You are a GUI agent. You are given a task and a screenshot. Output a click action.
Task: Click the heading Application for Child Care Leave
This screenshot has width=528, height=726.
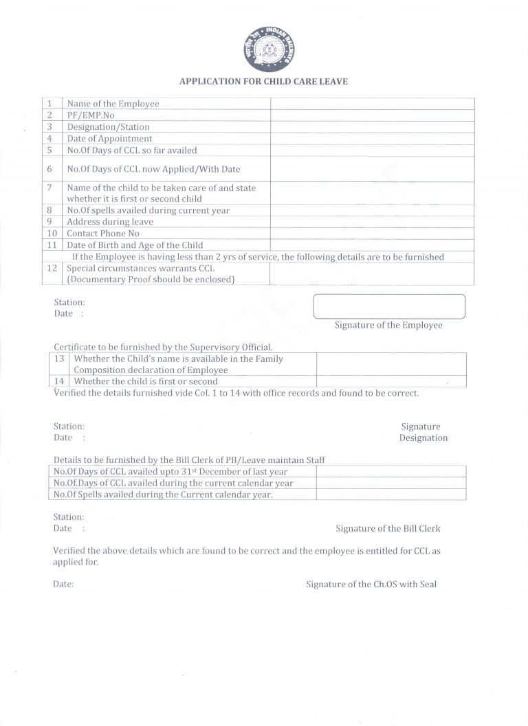pos(263,81)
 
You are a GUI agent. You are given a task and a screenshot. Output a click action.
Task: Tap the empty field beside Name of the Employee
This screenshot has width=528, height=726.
pos(371,104)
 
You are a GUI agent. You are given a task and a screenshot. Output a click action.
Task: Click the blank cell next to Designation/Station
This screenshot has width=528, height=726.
pos(371,127)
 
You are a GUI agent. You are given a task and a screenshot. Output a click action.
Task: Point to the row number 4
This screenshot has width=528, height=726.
pos(50,139)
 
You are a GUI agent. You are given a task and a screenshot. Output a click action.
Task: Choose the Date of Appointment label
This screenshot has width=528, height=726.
pos(109,139)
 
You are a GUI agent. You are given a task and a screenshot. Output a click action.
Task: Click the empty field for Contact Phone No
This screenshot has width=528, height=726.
pos(371,234)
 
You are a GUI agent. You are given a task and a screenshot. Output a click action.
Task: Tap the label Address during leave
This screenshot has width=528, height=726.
pos(110,222)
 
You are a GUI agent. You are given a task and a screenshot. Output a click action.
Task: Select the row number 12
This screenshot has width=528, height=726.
pos(51,268)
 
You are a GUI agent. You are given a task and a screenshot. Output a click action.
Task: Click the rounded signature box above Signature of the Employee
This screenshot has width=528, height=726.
pos(389,306)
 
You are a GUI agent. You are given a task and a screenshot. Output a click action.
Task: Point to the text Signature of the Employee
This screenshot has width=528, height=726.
pos(388,325)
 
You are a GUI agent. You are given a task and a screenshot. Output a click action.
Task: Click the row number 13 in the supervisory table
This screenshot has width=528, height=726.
pos(59,359)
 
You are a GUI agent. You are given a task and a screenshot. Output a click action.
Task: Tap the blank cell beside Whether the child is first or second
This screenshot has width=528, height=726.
pos(390,381)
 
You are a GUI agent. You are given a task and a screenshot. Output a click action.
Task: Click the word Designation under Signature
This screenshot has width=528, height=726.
pos(423,438)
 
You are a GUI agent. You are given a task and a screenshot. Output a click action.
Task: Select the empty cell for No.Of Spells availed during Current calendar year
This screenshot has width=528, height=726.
pos(390,495)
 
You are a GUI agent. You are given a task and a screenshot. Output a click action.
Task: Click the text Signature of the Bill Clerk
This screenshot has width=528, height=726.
pos(388,529)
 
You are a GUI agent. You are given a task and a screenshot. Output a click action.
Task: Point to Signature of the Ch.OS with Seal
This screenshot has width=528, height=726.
pos(371,585)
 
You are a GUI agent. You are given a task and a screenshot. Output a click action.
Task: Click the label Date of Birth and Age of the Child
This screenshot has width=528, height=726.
pos(135,245)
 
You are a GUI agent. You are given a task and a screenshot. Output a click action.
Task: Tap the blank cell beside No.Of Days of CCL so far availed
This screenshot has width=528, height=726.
pos(371,150)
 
